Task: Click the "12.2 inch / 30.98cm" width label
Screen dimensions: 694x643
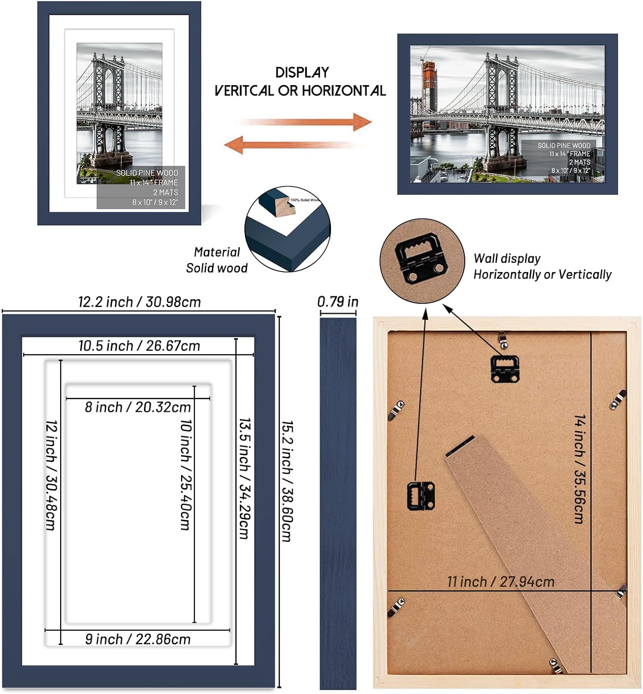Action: coord(139,302)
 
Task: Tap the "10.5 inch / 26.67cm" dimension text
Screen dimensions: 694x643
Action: coord(139,346)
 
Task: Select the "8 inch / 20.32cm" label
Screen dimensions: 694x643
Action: coord(137,407)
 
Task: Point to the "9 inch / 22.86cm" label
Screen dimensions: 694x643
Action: coord(137,639)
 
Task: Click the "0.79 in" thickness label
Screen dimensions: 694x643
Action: coord(337,302)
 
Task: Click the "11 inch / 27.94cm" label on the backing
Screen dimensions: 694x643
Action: coord(500,582)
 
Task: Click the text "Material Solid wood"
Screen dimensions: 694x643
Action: coord(217,260)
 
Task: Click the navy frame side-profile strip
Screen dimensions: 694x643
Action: coord(338,502)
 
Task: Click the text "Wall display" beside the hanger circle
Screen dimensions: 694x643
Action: coord(507,259)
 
